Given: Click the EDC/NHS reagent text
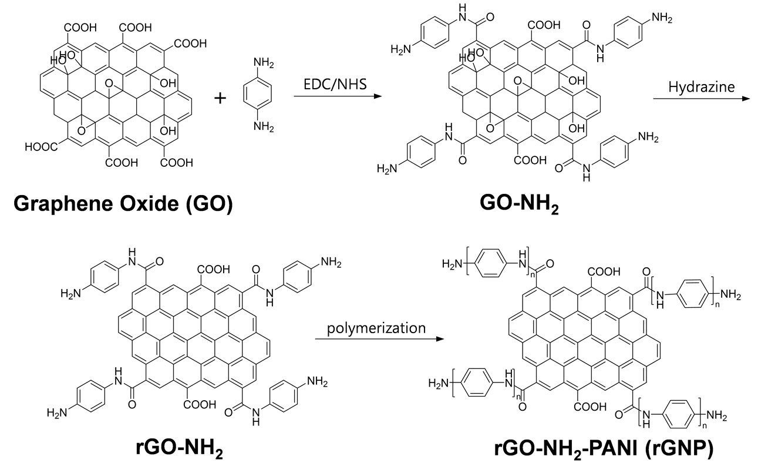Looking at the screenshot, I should pyautogui.click(x=331, y=85).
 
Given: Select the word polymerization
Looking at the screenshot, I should pyautogui.click(x=378, y=327).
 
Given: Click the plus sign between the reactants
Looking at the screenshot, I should pyautogui.click(x=221, y=98).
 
